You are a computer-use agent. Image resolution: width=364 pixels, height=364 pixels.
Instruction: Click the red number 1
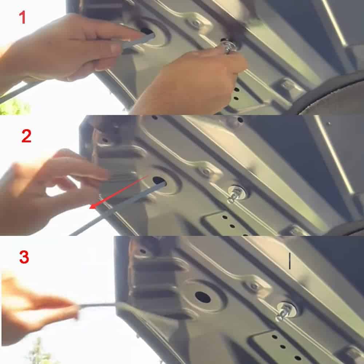[22, 17]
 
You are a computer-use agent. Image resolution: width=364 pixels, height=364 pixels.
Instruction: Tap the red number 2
[26, 136]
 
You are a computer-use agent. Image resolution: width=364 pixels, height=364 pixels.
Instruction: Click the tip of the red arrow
[90, 208]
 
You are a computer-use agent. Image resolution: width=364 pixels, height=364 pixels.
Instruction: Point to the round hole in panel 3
[203, 297]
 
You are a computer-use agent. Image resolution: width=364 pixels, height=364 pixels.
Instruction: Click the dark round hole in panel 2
[159, 181]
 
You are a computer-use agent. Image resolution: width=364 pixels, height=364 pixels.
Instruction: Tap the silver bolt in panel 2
[235, 194]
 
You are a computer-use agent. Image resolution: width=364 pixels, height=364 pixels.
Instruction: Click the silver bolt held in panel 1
[229, 47]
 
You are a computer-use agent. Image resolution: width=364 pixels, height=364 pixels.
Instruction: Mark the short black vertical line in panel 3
[289, 261]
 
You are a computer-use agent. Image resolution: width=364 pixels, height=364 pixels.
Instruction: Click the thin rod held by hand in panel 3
[98, 306]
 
